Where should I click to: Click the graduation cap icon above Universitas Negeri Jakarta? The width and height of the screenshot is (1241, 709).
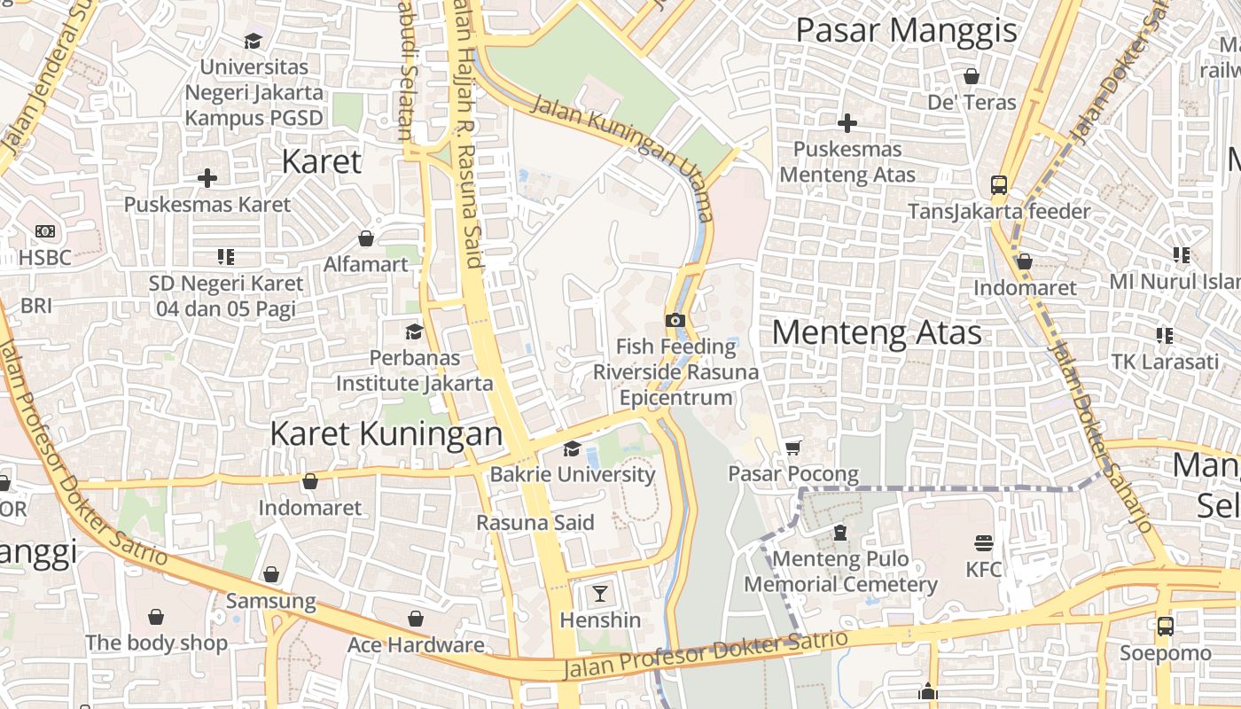click(254, 41)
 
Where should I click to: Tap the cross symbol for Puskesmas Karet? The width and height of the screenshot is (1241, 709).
click(207, 178)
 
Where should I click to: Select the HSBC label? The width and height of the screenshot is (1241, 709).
click(44, 257)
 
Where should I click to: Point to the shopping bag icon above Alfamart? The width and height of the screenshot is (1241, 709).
click(365, 238)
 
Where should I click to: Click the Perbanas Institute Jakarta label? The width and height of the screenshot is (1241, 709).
click(414, 370)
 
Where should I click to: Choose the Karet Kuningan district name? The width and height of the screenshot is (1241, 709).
click(386, 433)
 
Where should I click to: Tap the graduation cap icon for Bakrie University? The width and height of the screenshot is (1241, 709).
click(572, 448)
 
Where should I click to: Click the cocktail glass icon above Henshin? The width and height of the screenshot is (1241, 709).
click(600, 593)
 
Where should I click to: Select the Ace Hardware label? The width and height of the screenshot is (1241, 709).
click(416, 644)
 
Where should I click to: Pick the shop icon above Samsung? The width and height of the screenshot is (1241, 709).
click(271, 574)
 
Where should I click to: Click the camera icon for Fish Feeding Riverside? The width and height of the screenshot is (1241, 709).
click(675, 320)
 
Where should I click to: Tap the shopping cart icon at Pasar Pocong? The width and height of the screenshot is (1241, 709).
click(793, 448)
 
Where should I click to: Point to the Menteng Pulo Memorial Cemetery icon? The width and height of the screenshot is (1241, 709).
click(839, 533)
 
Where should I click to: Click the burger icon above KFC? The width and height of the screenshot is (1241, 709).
click(983, 542)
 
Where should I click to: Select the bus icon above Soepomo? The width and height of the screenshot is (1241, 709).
click(1165, 627)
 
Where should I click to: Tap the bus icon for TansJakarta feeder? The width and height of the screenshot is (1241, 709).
click(999, 185)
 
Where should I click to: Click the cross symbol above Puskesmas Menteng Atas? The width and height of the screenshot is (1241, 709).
click(847, 122)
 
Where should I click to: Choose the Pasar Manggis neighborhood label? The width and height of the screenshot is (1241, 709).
click(906, 30)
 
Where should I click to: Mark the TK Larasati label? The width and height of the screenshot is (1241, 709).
click(1165, 362)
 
